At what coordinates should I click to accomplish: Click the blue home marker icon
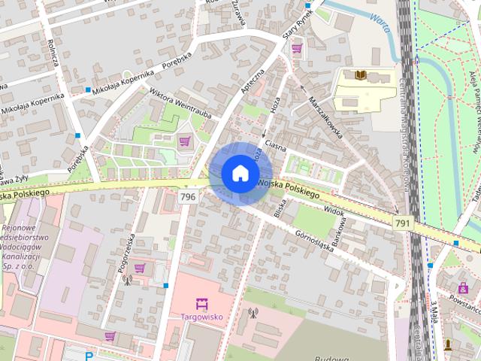click(x=240, y=174)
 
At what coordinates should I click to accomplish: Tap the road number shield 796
click(x=189, y=197)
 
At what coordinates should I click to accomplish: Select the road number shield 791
click(x=402, y=223)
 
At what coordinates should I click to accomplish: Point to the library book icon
click(x=361, y=75)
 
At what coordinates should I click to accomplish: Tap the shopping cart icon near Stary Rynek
click(x=297, y=49)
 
